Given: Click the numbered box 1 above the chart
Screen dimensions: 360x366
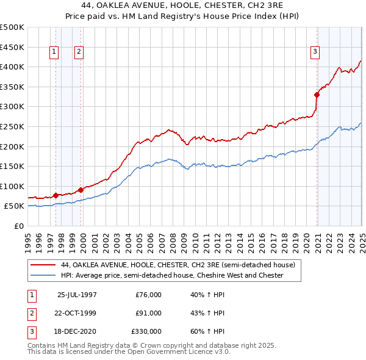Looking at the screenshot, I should (x=54, y=52).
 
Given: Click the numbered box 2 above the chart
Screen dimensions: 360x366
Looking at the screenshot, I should (x=79, y=52).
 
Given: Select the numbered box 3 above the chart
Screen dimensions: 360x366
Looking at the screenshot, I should (x=315, y=52).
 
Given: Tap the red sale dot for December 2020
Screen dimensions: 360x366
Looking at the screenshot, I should (x=317, y=95).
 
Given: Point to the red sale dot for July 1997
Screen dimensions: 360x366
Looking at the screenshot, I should (x=56, y=195).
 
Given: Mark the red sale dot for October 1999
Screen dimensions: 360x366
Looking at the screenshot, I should (x=81, y=190).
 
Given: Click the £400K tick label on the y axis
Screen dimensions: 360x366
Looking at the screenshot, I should (x=12, y=67).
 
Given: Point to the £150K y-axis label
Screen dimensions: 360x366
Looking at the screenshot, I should (x=12, y=166).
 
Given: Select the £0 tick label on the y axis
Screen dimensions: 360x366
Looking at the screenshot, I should (x=18, y=226).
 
